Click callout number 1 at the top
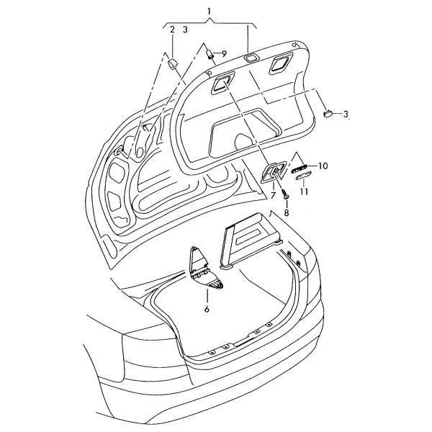(x=209, y=12)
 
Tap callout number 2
(x=172, y=30)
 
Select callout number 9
(x=224, y=54)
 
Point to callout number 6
(x=207, y=309)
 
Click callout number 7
(x=273, y=196)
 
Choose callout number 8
(x=287, y=212)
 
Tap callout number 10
(x=323, y=166)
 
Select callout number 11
(x=304, y=192)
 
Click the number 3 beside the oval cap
(x=346, y=114)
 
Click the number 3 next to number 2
(x=185, y=30)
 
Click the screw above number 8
(x=284, y=193)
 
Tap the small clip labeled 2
(x=173, y=64)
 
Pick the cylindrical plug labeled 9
(x=210, y=54)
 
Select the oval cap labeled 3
(x=328, y=113)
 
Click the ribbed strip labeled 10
(x=300, y=168)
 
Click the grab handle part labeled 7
(x=274, y=172)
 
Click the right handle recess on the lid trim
(x=281, y=64)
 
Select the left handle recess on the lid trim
(x=222, y=83)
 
